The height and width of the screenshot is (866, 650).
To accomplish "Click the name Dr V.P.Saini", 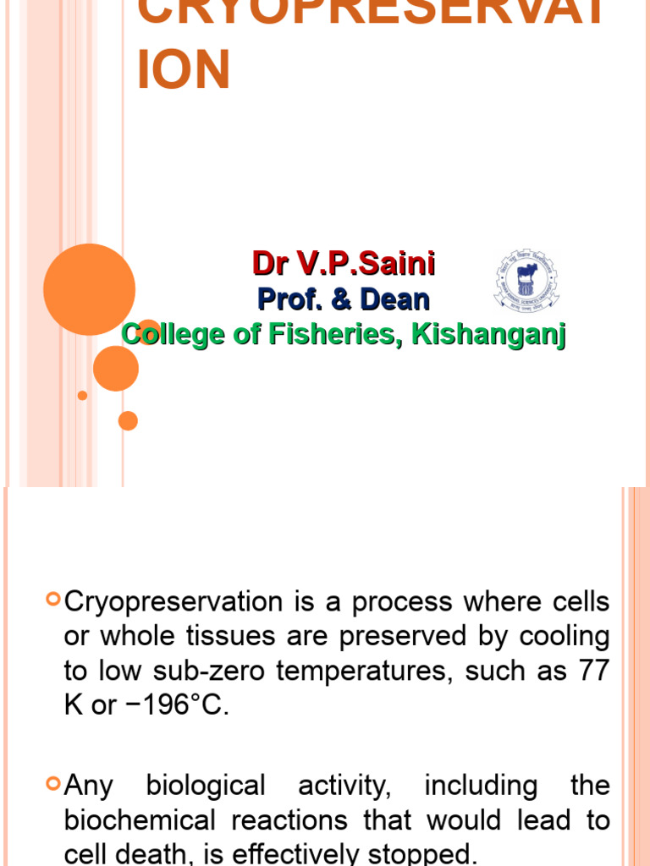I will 344,264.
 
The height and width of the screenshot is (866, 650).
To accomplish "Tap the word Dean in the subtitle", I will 394,299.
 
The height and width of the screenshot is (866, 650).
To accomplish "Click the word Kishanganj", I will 488,334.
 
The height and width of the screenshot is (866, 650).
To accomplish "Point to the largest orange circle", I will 89,289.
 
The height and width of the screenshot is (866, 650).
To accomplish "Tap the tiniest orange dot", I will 82,395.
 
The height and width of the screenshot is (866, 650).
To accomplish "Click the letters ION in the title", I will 183,70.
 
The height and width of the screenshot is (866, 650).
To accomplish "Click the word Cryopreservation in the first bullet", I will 174,602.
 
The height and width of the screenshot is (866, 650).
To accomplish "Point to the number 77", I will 592,671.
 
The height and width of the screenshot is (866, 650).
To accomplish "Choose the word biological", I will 206,786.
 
